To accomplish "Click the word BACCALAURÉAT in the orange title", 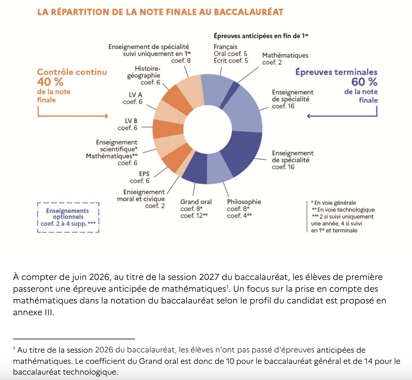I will pyautogui.click(x=249, y=12).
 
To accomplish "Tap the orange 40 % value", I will pyautogui.click(x=50, y=82).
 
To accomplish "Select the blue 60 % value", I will pyautogui.click(x=364, y=82).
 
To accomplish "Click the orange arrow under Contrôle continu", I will pyautogui.click(x=73, y=116).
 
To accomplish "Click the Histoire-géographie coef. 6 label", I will pyautogui.click(x=144, y=75).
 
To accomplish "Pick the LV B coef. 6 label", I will pyautogui.click(x=128, y=124).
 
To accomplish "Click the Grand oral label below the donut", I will pyautogui.click(x=196, y=202).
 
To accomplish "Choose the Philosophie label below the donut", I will pyautogui.click(x=244, y=202).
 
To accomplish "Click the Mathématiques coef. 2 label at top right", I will pyautogui.click(x=285, y=58).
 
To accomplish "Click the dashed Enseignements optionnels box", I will pyautogui.click(x=68, y=217).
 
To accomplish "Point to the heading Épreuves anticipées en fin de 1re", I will pyautogui.click(x=261, y=36).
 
